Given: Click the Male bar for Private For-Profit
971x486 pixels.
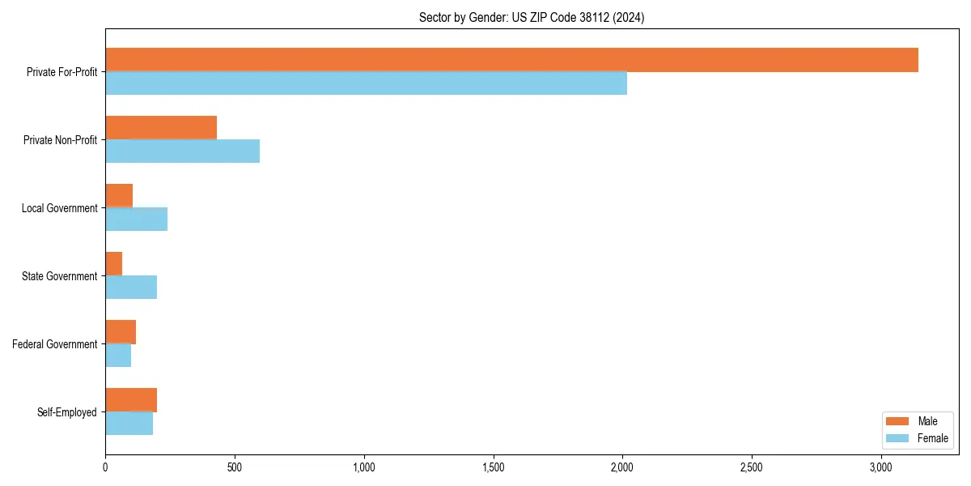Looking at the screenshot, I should (511, 60).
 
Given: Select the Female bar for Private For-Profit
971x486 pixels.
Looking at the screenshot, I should (366, 83).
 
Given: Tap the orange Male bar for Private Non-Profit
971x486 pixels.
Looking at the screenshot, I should (161, 128).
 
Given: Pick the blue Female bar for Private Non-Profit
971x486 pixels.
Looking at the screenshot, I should (182, 151).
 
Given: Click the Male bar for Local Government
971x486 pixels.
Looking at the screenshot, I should (119, 196).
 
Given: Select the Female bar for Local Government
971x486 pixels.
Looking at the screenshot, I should (136, 220).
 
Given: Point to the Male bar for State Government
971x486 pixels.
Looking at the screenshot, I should (114, 264).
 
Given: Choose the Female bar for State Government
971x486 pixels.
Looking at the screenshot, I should (131, 288).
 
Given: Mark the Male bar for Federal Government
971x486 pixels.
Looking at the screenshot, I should (121, 332).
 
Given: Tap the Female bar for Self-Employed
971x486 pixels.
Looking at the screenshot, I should (129, 424).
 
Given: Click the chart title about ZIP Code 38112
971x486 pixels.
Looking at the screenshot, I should (532, 17).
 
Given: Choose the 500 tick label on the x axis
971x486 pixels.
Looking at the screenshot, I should (235, 467).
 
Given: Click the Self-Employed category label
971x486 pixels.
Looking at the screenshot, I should (67, 412).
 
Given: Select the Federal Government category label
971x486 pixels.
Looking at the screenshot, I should (55, 344).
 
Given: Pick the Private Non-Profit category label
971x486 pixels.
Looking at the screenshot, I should (61, 140).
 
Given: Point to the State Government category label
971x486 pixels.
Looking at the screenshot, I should (60, 276).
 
